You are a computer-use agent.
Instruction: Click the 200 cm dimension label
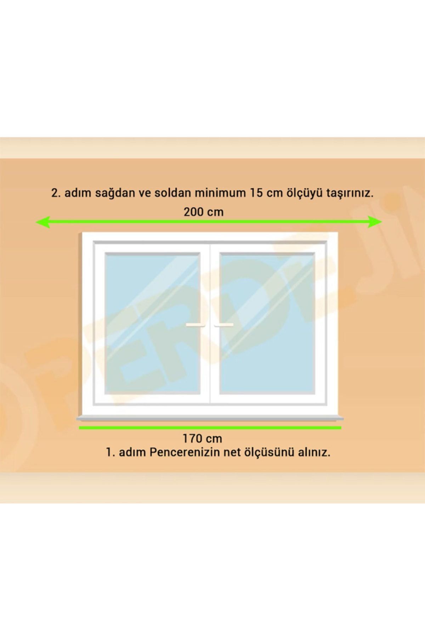click(x=203, y=212)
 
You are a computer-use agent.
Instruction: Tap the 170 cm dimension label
click(x=202, y=439)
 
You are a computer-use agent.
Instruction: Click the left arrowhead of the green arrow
click(x=42, y=222)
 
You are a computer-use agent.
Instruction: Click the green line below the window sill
click(x=210, y=428)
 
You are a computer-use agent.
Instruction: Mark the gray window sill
click(x=210, y=419)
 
